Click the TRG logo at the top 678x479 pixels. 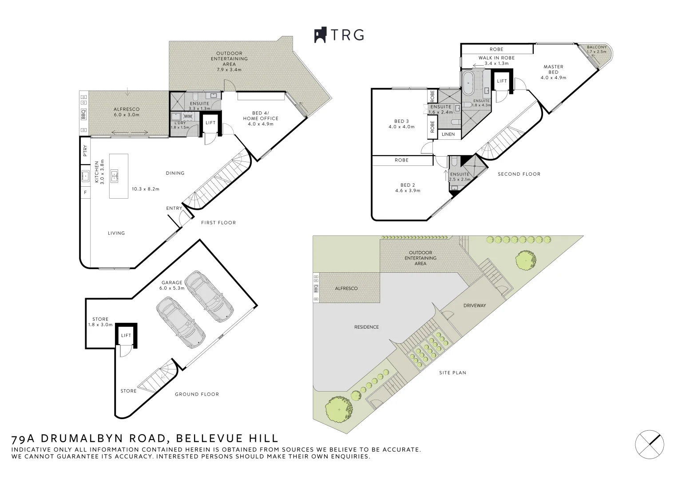339,35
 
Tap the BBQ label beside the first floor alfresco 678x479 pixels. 83,114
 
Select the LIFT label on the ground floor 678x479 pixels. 126,335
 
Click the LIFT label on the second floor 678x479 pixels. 502,81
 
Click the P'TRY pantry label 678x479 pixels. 85,152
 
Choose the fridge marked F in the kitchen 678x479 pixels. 85,192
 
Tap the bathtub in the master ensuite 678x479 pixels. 468,82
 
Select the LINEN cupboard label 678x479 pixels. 448,134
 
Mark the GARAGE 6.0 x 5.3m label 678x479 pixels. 171,285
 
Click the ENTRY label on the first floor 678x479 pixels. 174,208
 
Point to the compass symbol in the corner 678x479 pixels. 650,443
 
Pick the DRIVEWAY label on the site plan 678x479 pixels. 475,306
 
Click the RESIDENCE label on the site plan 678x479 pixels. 366,327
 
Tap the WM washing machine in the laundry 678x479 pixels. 187,117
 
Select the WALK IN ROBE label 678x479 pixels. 496,58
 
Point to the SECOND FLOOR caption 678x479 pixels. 519,174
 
